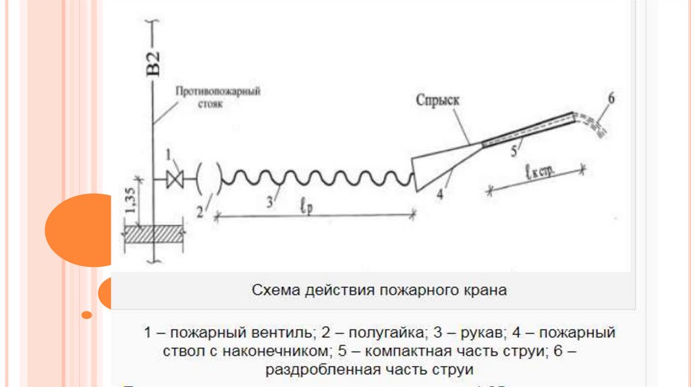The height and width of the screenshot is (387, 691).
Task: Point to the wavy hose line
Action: tap(317, 179)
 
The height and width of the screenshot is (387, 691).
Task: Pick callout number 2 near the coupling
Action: tap(200, 212)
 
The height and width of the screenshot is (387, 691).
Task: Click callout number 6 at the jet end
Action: tap(611, 98)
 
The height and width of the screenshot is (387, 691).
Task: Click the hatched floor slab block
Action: tap(155, 234)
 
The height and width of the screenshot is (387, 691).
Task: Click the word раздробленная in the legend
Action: tap(318, 369)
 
